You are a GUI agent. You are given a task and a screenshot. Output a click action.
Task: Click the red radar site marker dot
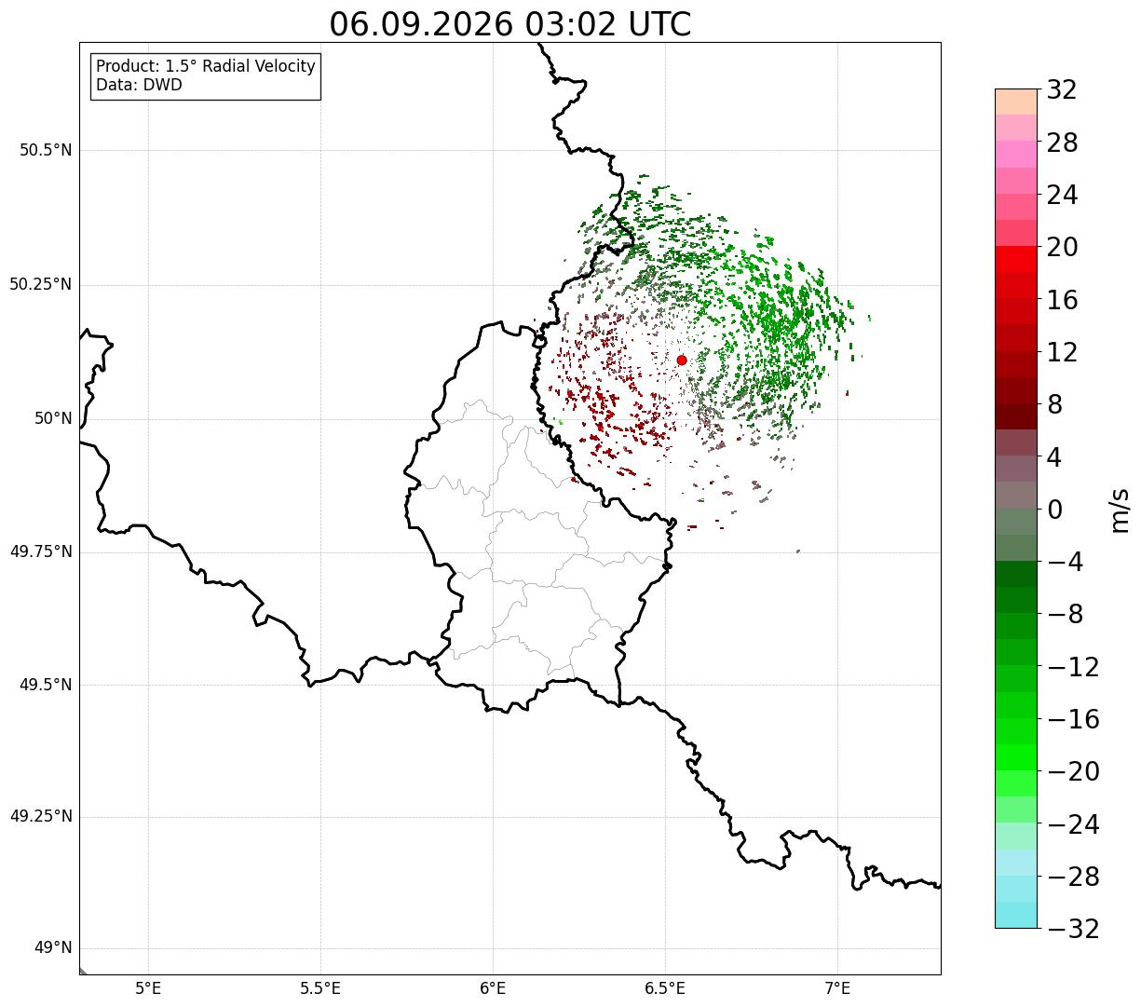point(682,360)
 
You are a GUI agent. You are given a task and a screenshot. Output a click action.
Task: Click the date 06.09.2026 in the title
point(421,25)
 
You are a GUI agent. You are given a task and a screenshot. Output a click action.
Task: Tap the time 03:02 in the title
point(570,25)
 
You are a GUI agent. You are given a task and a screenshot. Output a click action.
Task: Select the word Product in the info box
point(128,66)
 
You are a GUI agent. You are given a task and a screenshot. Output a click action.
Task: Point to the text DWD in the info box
point(166,85)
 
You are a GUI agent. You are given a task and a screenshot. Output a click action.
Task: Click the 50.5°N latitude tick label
point(46,150)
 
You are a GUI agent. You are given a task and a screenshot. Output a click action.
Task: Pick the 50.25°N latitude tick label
point(41,284)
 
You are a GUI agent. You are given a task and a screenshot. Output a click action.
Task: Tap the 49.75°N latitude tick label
point(41,551)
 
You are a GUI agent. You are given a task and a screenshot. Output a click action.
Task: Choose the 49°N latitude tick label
point(53,948)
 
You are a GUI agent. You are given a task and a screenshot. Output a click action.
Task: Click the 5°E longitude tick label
point(149,988)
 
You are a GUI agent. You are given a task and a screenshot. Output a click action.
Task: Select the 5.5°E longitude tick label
point(320,988)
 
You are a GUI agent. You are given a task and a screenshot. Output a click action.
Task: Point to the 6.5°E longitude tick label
point(665,988)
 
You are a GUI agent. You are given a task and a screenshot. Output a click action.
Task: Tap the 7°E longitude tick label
point(837,988)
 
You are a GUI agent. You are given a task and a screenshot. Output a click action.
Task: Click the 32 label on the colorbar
point(1062,89)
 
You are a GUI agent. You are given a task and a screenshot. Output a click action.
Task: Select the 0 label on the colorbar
point(1054,510)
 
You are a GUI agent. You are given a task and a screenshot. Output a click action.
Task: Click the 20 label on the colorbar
point(1062,247)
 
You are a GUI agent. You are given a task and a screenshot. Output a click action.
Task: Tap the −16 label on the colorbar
point(1073,719)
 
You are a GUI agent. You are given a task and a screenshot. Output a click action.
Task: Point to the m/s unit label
point(1120,510)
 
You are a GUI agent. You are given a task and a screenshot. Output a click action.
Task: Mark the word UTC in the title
point(659,25)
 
